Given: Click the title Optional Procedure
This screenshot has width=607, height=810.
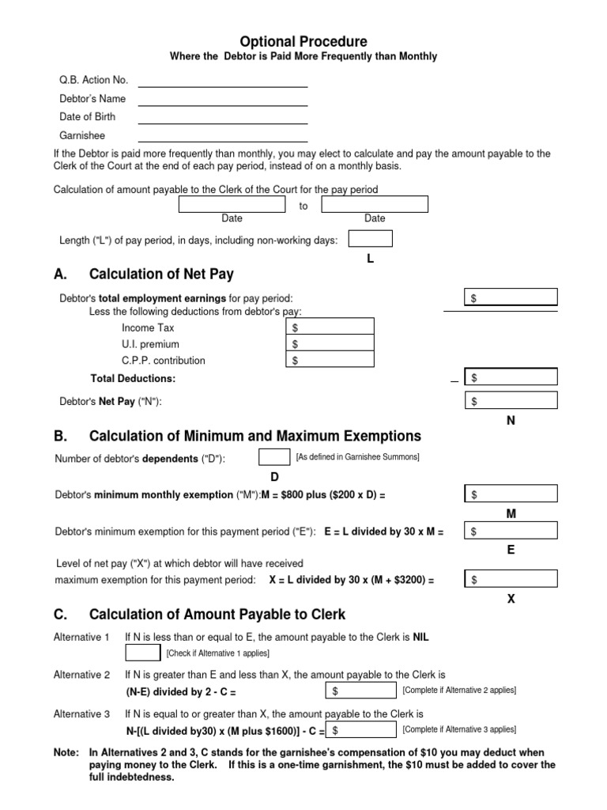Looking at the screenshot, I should tap(303, 42).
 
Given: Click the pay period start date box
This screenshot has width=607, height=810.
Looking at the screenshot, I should tap(232, 205).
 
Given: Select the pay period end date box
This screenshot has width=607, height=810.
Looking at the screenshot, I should tap(375, 205).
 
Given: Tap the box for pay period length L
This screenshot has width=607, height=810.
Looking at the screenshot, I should tap(370, 239).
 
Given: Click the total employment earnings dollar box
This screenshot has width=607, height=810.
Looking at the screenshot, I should tap(511, 297).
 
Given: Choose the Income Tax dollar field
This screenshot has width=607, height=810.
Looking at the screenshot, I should tap(330, 327).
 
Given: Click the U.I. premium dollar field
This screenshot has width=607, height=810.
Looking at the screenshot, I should tap(330, 344).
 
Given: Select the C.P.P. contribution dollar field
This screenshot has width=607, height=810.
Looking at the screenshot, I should tap(330, 360).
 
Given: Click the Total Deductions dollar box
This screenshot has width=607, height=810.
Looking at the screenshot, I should tap(511, 378).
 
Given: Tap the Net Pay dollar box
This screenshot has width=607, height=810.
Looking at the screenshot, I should tap(511, 401).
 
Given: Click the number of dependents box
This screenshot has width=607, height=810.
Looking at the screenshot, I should tap(274, 457).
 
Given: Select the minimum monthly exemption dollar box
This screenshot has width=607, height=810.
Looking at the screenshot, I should tap(511, 494).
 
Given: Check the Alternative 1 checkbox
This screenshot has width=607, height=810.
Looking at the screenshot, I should tap(143, 653).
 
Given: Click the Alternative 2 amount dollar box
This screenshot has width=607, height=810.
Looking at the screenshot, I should tap(361, 691).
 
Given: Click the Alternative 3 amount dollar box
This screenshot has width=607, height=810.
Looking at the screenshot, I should tap(361, 730).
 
